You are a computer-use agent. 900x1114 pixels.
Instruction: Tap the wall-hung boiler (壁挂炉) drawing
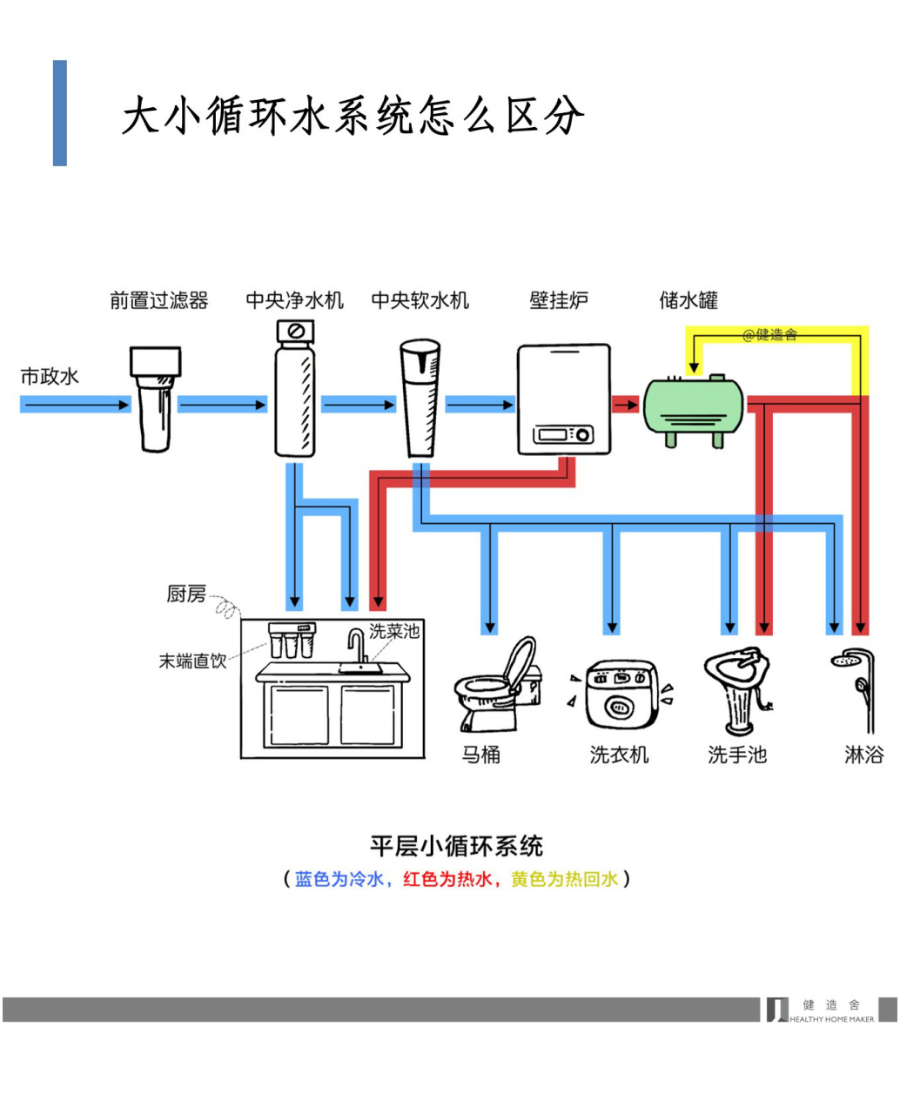coord(563,399)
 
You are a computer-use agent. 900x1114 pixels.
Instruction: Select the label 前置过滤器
coord(159,301)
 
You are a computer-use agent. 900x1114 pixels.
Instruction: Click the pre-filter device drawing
coord(156,399)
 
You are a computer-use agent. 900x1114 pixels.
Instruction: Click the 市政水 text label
coord(50,376)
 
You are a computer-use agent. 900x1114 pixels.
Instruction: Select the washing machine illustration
coord(619,693)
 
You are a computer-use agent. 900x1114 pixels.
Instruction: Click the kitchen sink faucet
coord(356,648)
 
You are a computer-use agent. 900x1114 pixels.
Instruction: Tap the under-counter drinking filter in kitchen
coord(291,641)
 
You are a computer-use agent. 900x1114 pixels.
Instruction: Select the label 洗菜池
coord(394,631)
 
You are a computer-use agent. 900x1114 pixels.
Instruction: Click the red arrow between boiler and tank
coord(626,405)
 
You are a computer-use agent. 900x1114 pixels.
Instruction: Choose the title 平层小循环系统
coord(456,846)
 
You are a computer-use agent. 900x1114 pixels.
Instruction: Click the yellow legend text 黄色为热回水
coord(564,879)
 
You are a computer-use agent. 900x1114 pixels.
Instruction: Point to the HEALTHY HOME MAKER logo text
coord(831,1019)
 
